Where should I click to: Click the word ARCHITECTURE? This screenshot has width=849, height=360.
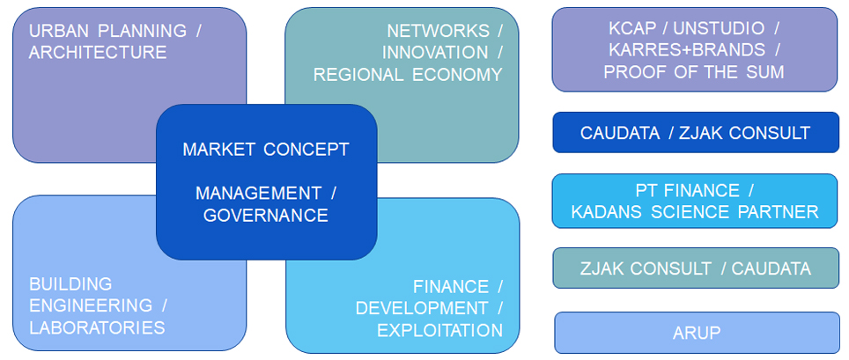(x=98, y=53)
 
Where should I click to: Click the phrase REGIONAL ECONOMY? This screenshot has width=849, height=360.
(x=408, y=75)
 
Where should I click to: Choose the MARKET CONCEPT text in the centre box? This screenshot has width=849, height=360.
(x=266, y=150)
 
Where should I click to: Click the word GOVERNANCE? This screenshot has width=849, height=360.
(x=266, y=216)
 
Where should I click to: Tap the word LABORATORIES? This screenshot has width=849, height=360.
(x=97, y=328)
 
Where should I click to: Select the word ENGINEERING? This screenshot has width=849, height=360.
(x=91, y=306)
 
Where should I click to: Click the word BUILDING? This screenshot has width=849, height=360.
(x=70, y=284)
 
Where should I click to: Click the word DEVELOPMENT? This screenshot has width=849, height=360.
(x=422, y=309)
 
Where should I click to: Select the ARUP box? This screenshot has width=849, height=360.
(x=696, y=333)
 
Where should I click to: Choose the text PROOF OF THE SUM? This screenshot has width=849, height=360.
(x=695, y=72)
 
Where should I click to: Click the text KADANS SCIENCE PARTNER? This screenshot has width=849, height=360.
(x=695, y=212)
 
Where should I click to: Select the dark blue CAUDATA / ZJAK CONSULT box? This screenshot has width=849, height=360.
(x=695, y=133)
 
